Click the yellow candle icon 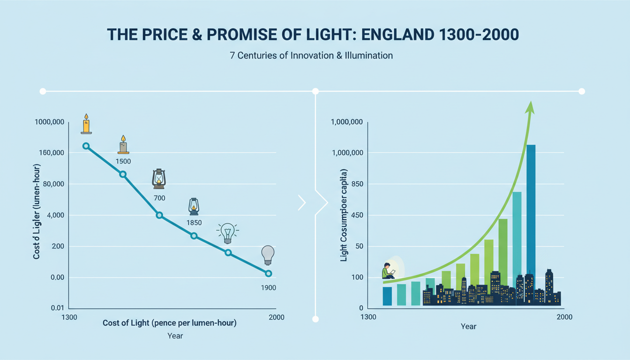point(86,124)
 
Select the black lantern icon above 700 point(159,179)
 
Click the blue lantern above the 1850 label point(194,207)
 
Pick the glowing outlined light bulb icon point(228,233)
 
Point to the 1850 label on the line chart point(194,223)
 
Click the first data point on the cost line point(86,146)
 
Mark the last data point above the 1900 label point(268,273)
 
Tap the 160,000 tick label point(50,153)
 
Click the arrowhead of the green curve point(530,108)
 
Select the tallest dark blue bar point(531,211)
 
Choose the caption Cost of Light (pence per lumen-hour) point(169,323)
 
